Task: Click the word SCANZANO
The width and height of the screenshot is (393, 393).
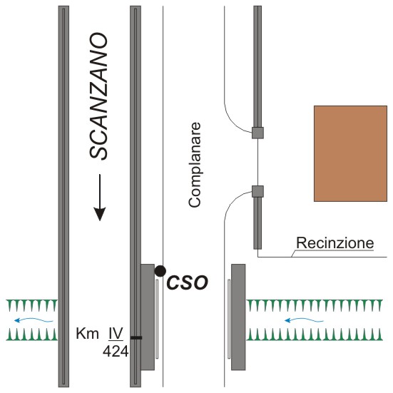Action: coord(98,96)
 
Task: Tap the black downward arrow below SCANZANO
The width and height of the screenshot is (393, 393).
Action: coord(100,198)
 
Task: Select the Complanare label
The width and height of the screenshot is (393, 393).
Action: coord(195,165)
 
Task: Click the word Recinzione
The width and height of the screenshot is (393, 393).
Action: coord(335,243)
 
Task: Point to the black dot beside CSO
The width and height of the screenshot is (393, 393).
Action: coord(160,271)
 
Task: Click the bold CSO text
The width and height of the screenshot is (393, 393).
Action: coord(187,282)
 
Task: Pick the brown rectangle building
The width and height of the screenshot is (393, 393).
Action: coord(350,153)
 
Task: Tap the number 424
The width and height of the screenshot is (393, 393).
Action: coord(116,352)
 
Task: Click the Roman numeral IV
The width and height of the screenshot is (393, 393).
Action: coord(116,333)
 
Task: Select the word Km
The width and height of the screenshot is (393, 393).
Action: coord(87,334)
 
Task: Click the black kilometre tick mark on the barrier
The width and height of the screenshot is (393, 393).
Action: coord(136,338)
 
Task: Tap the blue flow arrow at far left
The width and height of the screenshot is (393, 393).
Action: coord(34,320)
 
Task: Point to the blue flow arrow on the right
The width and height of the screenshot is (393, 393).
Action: coord(304,320)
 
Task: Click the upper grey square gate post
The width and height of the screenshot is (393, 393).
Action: coord(257,133)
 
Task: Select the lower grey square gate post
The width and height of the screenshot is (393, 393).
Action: coord(257,191)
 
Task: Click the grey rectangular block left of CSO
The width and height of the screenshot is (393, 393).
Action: coord(148,317)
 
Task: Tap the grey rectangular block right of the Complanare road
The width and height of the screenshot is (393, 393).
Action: coord(238,317)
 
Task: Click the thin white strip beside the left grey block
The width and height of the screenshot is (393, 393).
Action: coord(157,319)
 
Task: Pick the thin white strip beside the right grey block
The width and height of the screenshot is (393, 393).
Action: coord(229,319)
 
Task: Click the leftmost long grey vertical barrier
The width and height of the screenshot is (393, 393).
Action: coord(63,197)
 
